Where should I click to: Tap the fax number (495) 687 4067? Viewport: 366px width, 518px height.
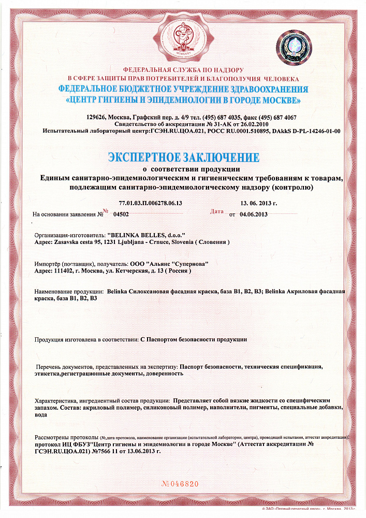278,117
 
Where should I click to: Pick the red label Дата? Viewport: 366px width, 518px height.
217,211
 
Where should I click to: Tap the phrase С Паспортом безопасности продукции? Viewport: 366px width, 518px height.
194,339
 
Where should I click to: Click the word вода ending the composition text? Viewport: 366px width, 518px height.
41,415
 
